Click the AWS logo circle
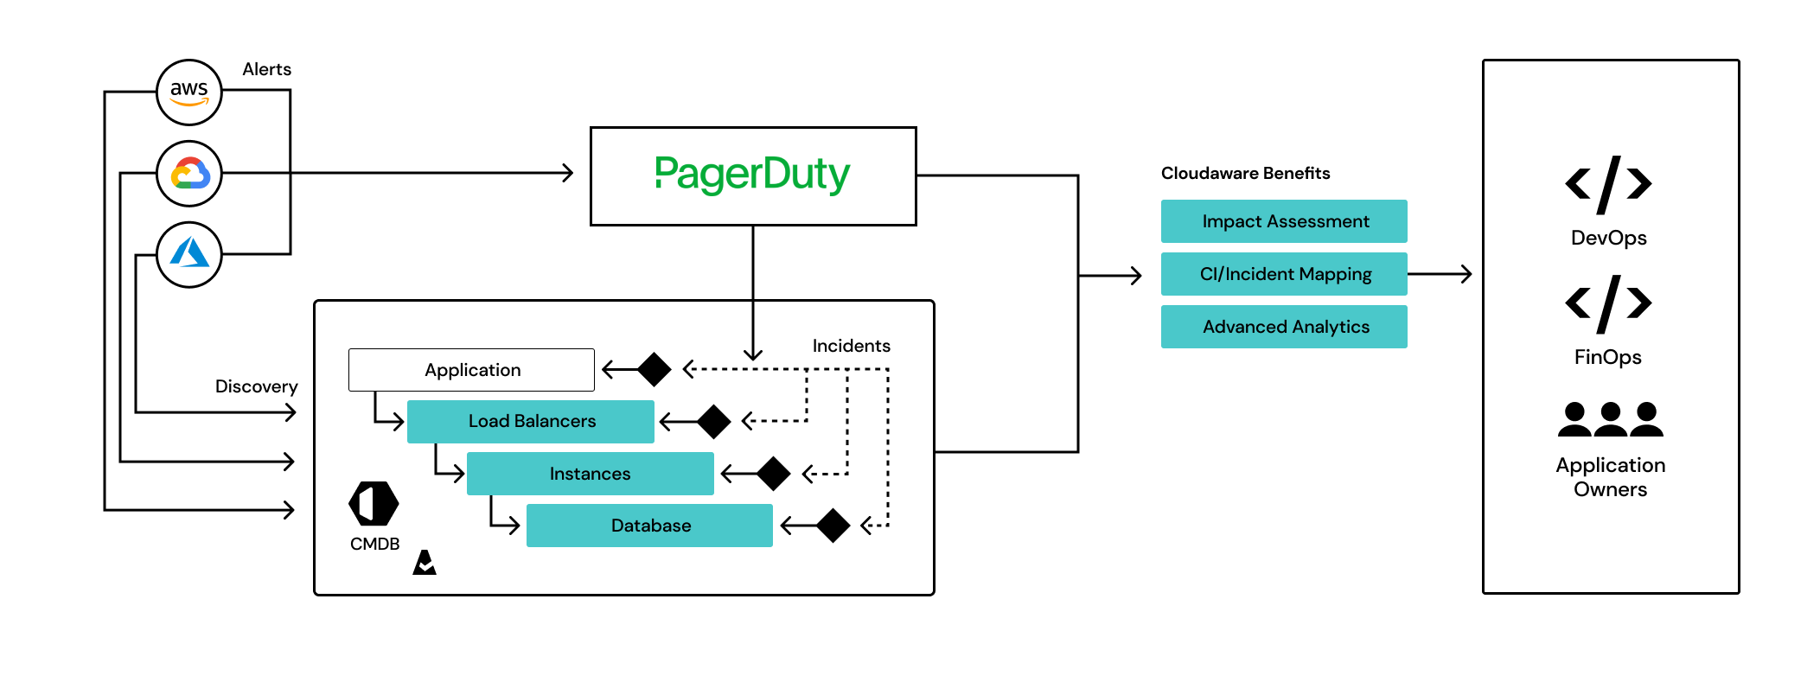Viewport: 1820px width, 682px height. [x=188, y=92]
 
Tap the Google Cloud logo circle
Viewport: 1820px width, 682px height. [x=188, y=174]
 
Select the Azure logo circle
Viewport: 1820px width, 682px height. [x=188, y=255]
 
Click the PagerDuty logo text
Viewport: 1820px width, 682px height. [x=752, y=175]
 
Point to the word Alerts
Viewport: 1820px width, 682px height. [x=266, y=69]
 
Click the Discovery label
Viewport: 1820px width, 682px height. [x=256, y=386]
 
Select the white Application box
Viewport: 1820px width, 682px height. [x=471, y=370]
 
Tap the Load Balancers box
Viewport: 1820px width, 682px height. [x=531, y=422]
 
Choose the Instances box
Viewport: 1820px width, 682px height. [x=590, y=474]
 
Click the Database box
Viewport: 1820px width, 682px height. [x=649, y=526]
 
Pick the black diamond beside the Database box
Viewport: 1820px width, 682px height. [x=833, y=526]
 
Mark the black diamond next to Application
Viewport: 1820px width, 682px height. [x=655, y=370]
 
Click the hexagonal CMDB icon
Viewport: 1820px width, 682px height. [x=374, y=504]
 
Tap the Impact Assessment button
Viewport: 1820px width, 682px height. [x=1284, y=221]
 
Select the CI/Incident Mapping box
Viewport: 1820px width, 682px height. [x=1284, y=274]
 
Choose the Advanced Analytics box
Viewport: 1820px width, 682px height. [x=1284, y=327]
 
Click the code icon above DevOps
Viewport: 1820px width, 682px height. [x=1608, y=184]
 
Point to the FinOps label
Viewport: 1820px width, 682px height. [x=1607, y=357]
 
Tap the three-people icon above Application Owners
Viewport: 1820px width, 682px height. [x=1610, y=419]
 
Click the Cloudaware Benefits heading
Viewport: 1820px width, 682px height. [x=1245, y=173]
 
